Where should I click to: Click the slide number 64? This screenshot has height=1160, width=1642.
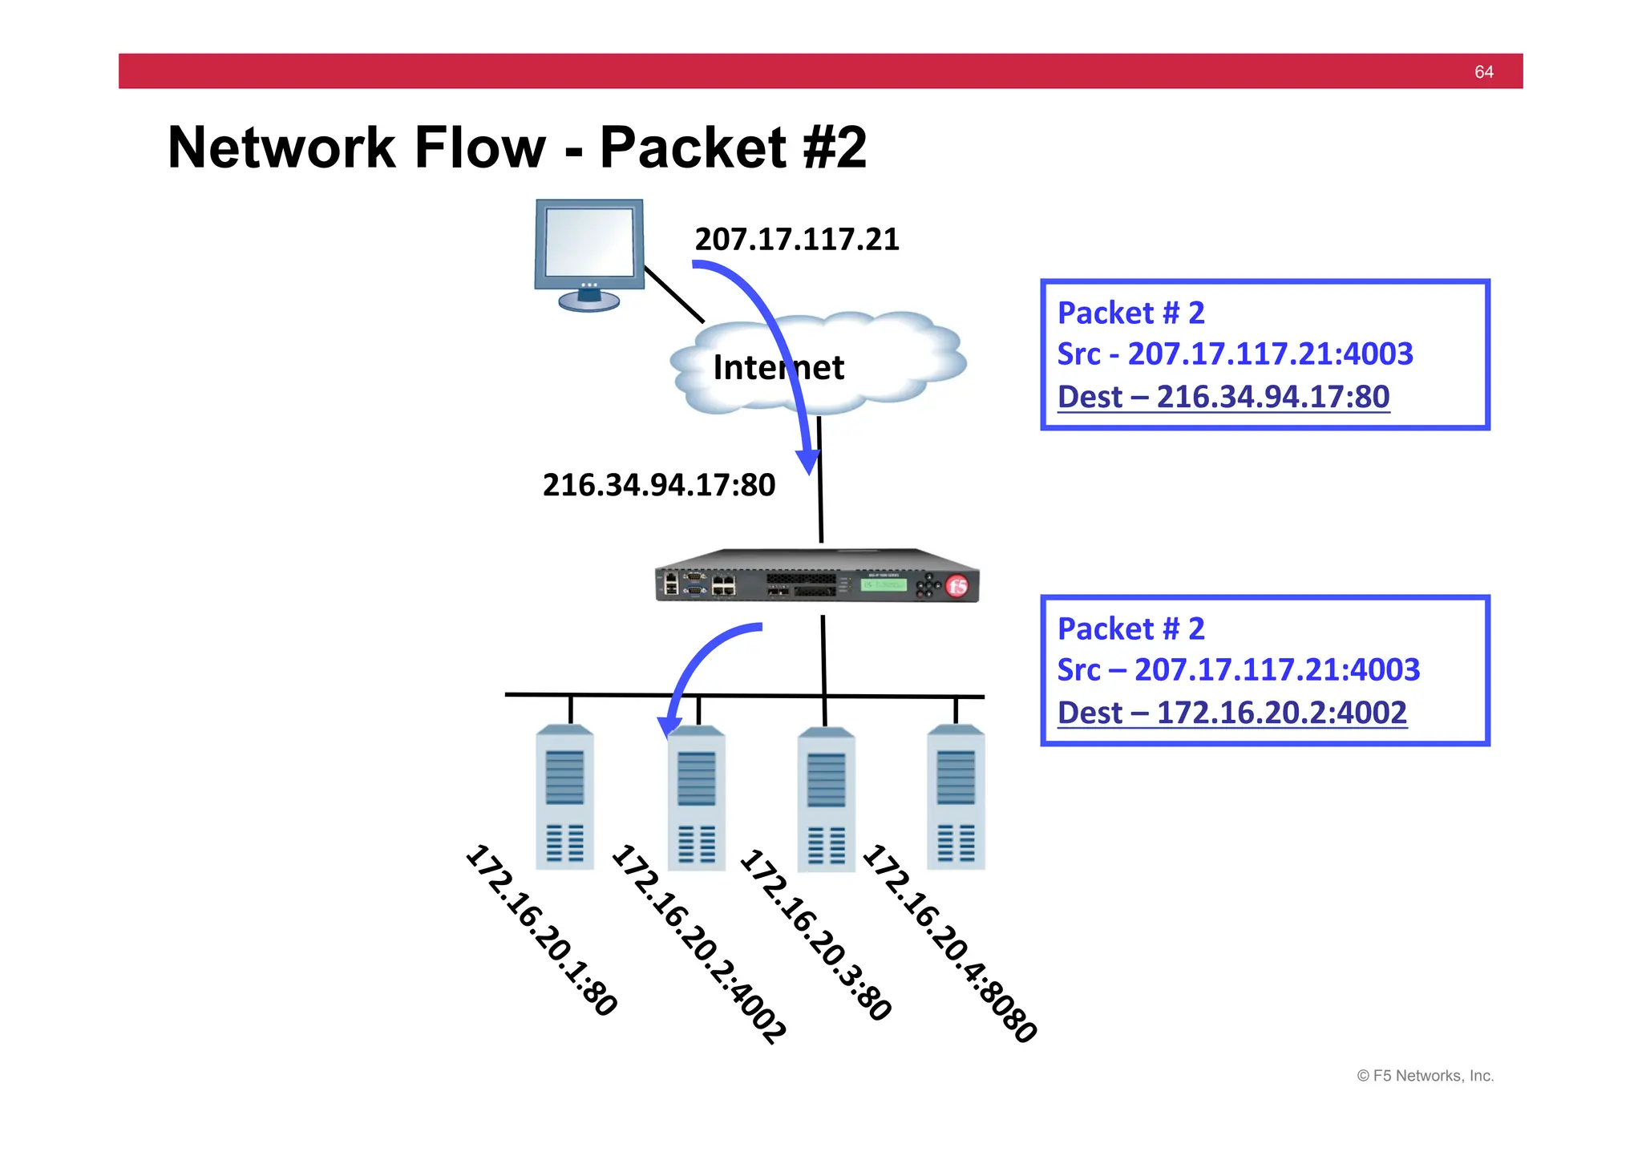(x=1483, y=72)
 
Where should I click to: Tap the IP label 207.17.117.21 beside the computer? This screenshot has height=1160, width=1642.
(x=796, y=239)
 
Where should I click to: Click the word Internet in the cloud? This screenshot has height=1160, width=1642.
(x=778, y=367)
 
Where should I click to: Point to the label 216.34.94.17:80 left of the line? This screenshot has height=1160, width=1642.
(x=658, y=485)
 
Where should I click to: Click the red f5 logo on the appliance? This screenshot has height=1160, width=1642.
(x=957, y=586)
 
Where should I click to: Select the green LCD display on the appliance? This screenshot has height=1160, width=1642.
(x=883, y=584)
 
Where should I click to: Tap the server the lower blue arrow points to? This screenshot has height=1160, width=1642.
(x=696, y=798)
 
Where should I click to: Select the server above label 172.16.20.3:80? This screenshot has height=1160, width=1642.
(x=826, y=798)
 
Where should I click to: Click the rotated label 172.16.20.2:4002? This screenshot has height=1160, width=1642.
(x=698, y=944)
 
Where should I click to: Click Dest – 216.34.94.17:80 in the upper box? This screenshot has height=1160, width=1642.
(x=1223, y=397)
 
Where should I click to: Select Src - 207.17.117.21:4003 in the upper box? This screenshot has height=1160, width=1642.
(x=1235, y=354)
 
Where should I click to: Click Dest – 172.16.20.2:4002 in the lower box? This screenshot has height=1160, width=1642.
(x=1231, y=713)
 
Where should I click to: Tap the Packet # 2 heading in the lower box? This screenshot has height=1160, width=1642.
(x=1130, y=629)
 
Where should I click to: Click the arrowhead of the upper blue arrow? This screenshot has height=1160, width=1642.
(x=807, y=463)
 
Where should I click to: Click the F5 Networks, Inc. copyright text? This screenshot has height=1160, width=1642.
(x=1425, y=1076)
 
